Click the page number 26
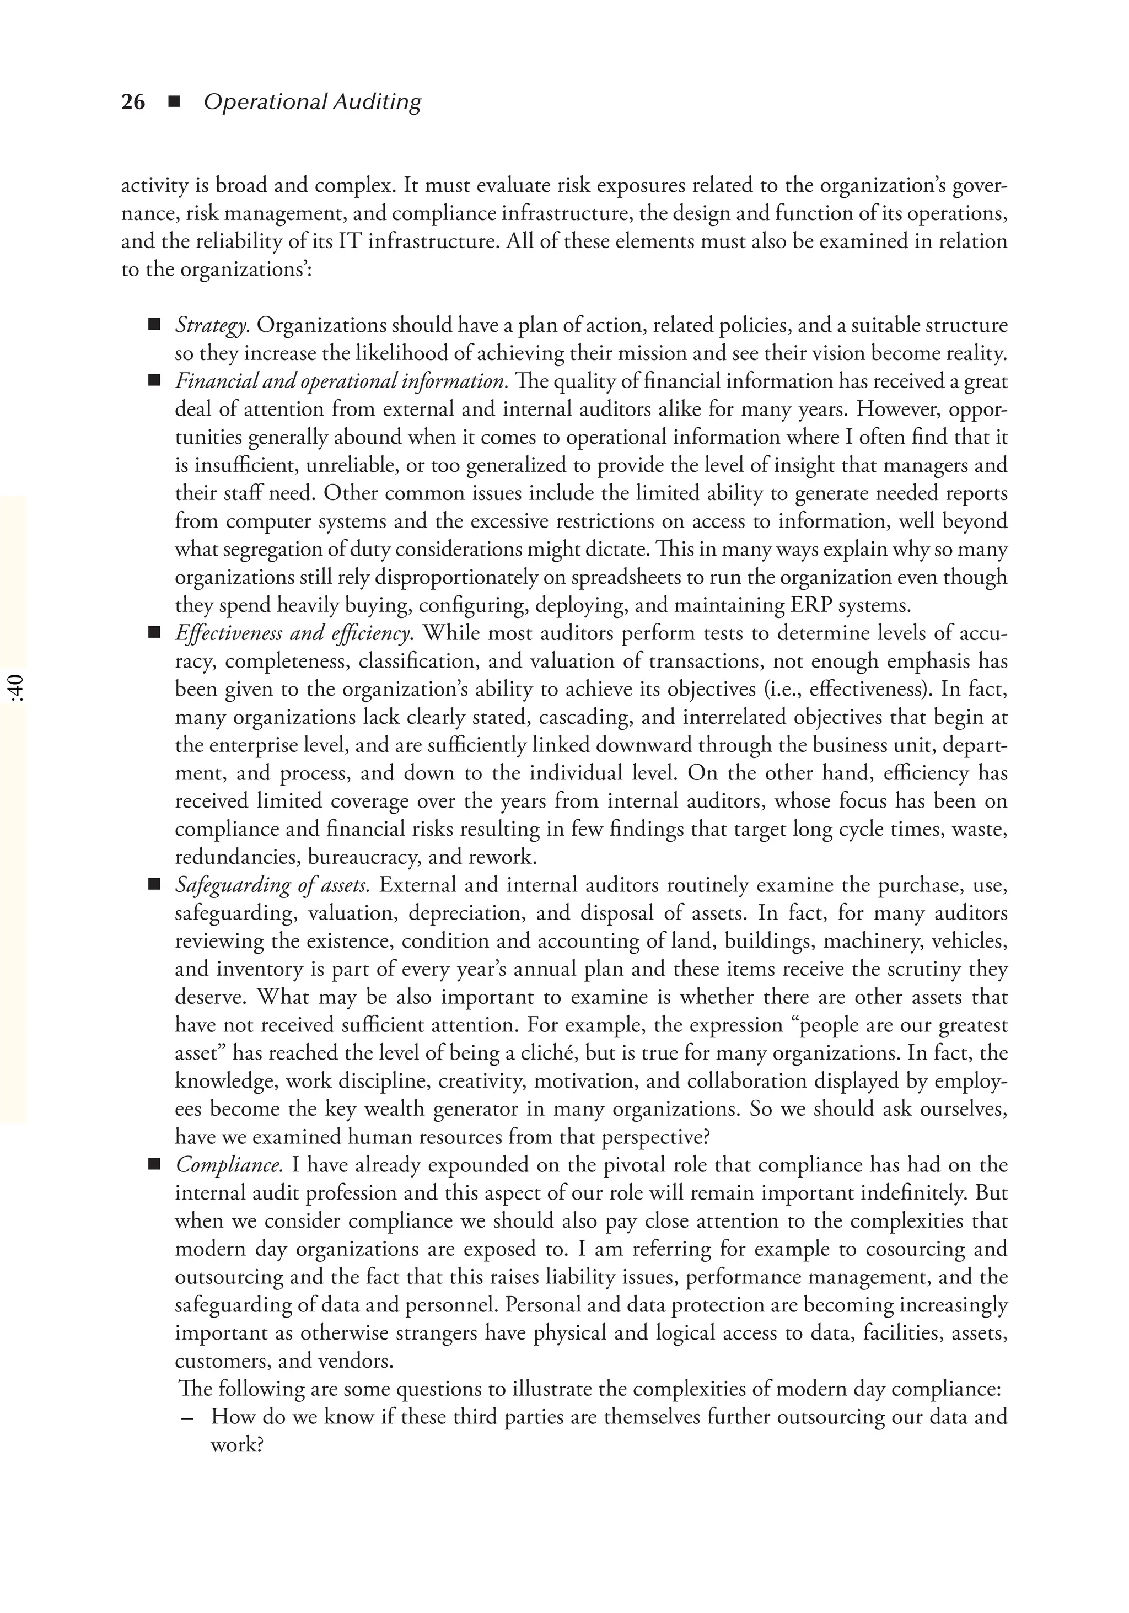click(133, 103)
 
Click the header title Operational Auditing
click(312, 103)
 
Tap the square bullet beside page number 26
click(174, 103)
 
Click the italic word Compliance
click(229, 1165)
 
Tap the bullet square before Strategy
click(154, 325)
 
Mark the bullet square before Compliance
click(154, 1165)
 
